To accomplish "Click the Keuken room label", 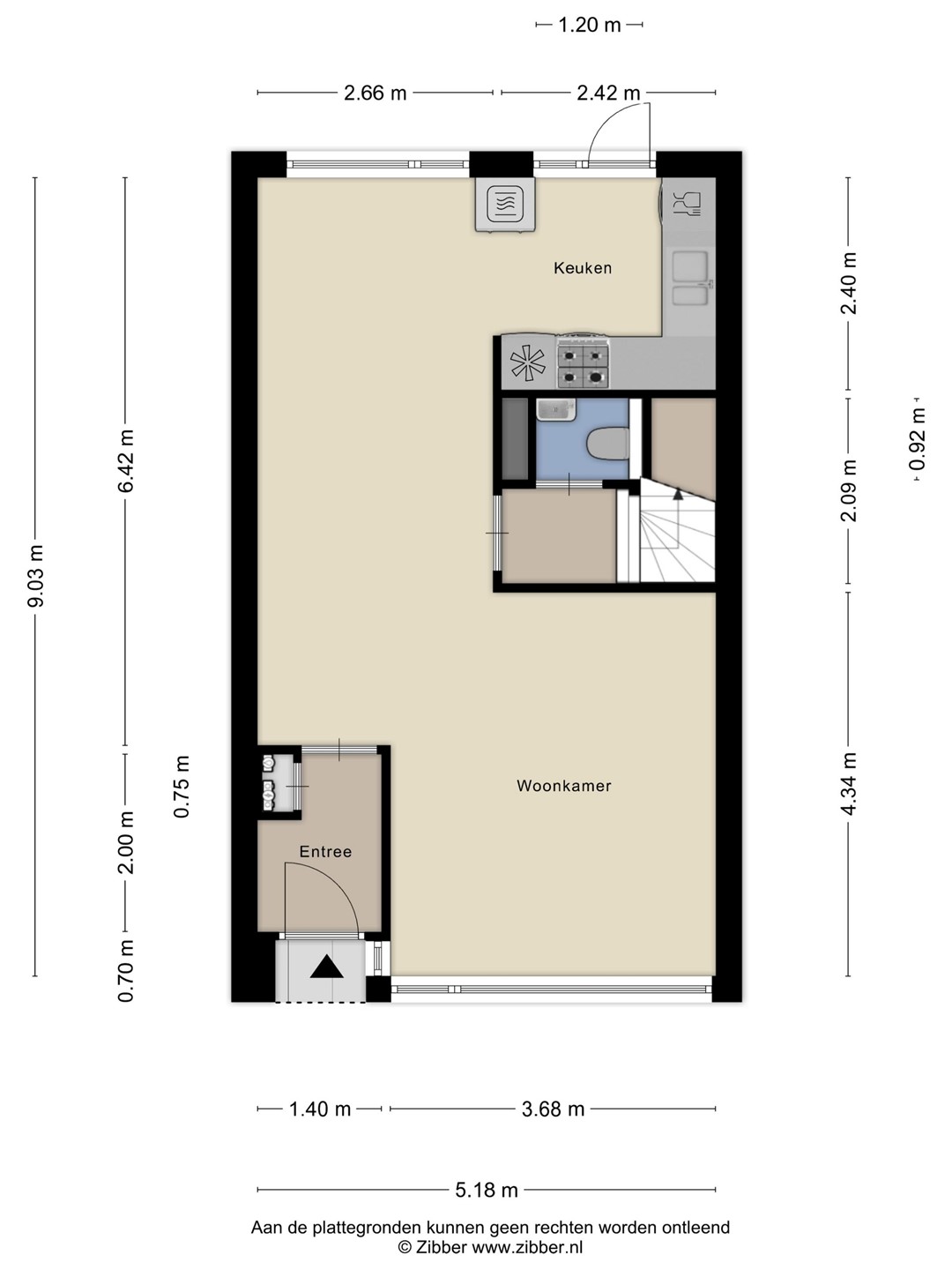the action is (x=582, y=268).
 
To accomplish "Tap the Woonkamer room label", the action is (x=563, y=786).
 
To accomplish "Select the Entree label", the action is (x=325, y=852).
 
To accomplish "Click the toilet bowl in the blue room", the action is (x=607, y=445).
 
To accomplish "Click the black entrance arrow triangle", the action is (x=326, y=967).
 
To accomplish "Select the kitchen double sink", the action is (x=690, y=278).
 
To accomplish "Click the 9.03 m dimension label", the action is (x=36, y=576).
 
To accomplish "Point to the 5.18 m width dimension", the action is (x=486, y=1190).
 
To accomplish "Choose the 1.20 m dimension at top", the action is (x=589, y=25).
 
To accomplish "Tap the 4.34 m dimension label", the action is (x=849, y=783).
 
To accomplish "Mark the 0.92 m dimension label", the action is (x=918, y=439).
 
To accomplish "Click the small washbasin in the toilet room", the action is (x=556, y=410).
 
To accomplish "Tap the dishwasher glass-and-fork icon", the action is (x=687, y=204).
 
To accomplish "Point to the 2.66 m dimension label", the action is (x=376, y=93).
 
